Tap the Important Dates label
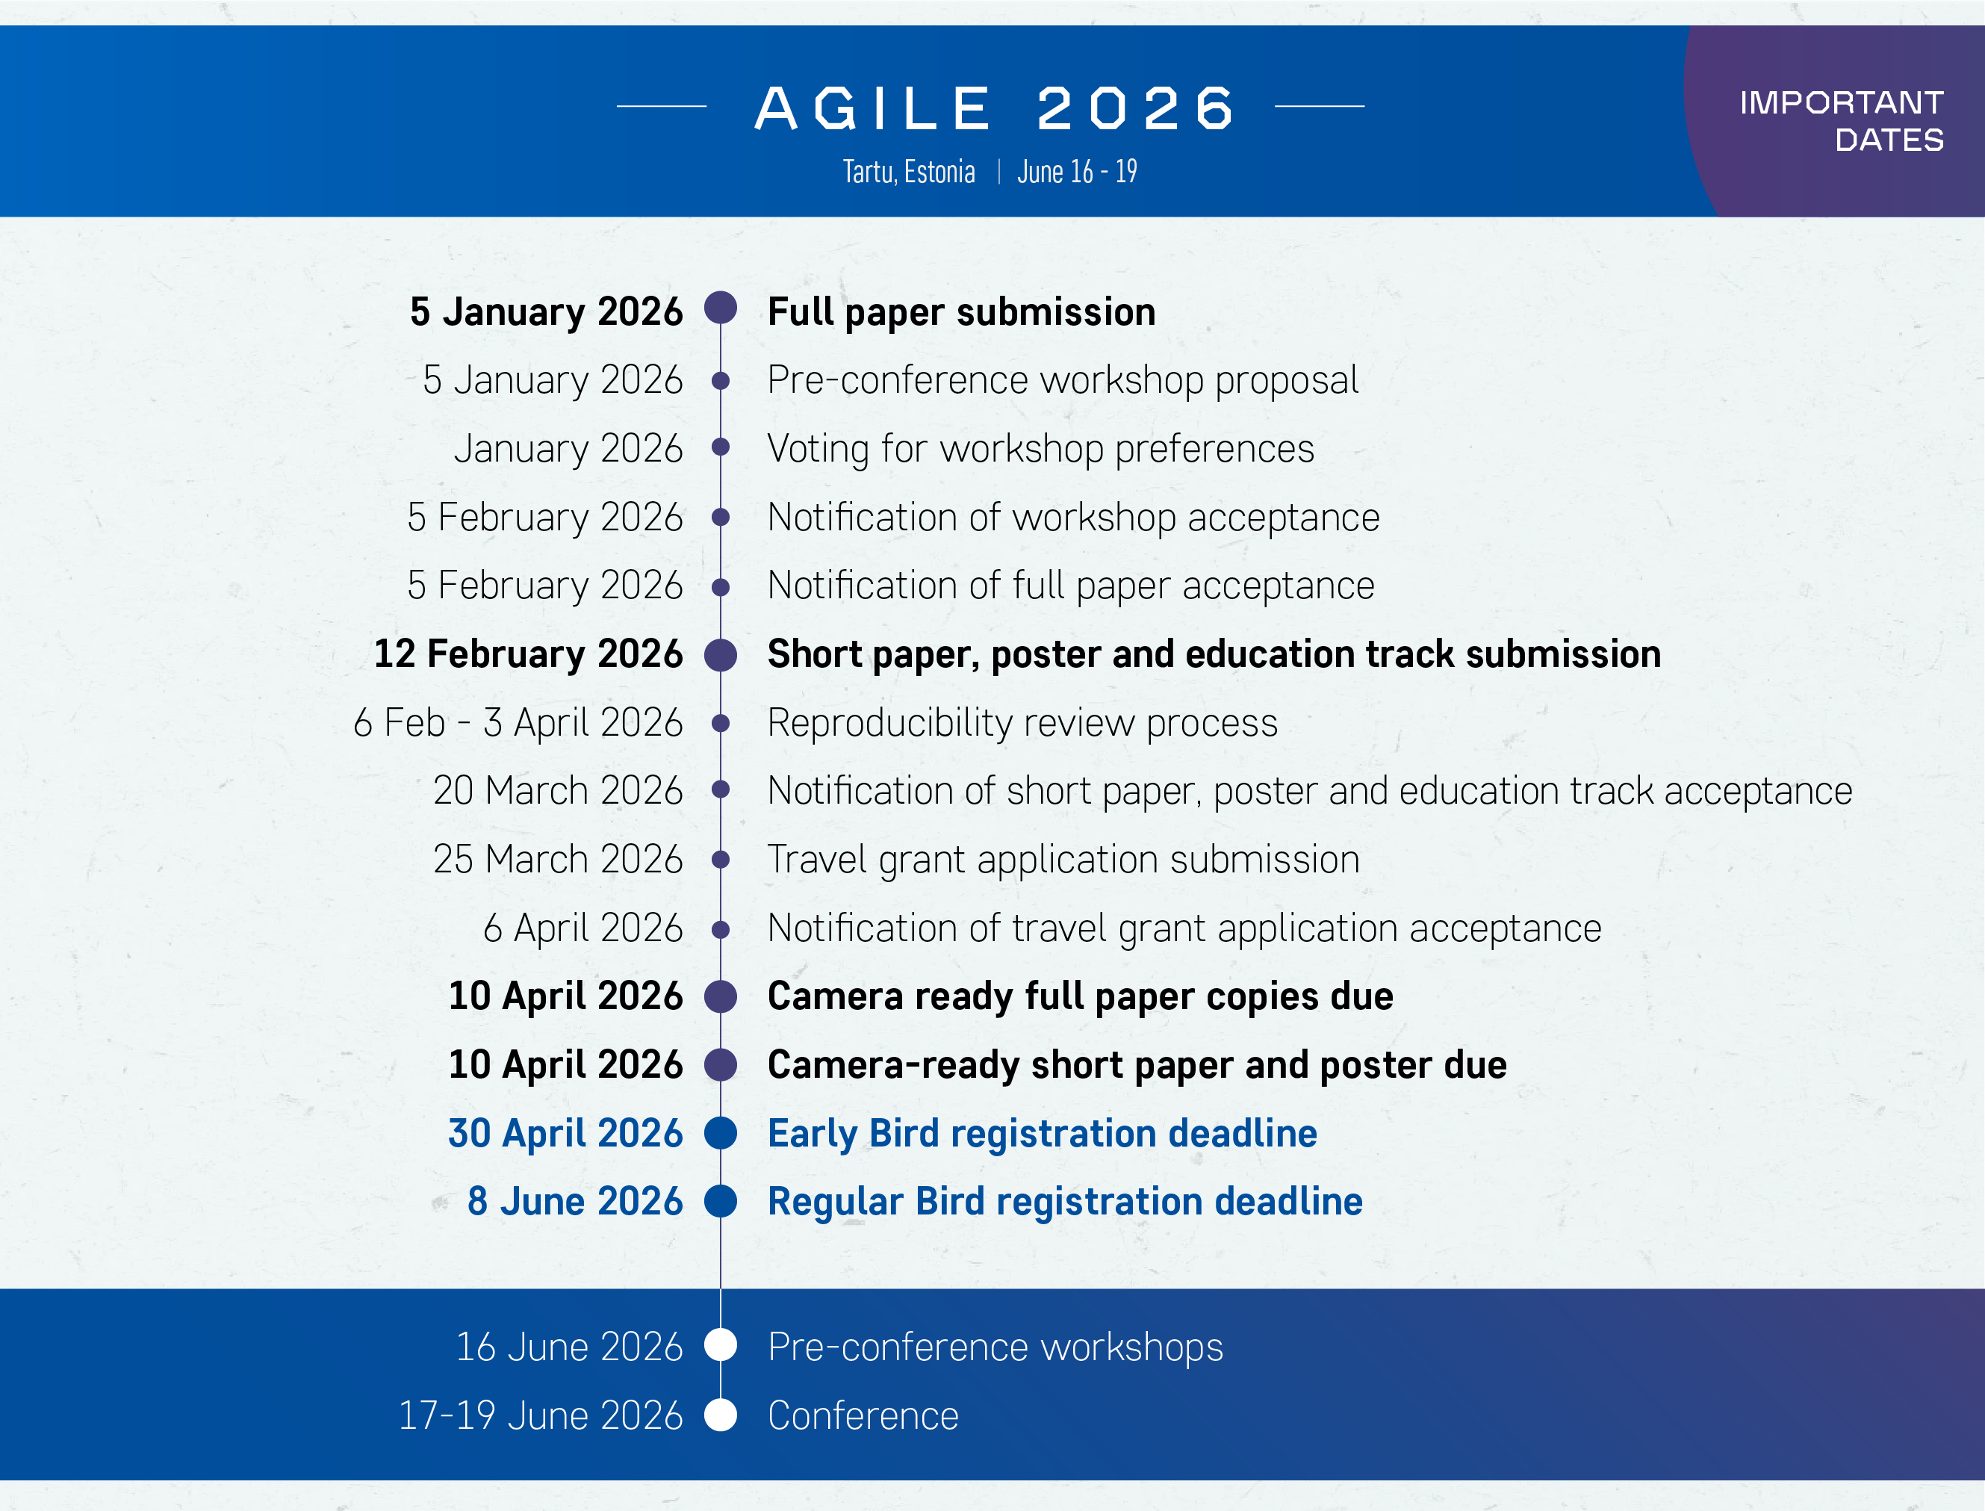(1842, 120)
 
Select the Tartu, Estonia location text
(908, 171)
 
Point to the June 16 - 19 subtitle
(1077, 171)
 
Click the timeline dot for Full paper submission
(721, 308)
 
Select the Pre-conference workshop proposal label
(1062, 380)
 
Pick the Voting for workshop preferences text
(1040, 449)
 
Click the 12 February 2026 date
(528, 654)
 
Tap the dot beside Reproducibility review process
(721, 722)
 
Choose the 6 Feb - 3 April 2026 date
(518, 722)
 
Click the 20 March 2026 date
(558, 790)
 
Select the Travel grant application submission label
(1063, 860)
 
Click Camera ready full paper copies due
(1080, 996)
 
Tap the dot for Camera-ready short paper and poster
(721, 1065)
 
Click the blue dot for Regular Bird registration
(721, 1202)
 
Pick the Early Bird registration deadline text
(1043, 1133)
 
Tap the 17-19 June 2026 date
(541, 1415)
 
